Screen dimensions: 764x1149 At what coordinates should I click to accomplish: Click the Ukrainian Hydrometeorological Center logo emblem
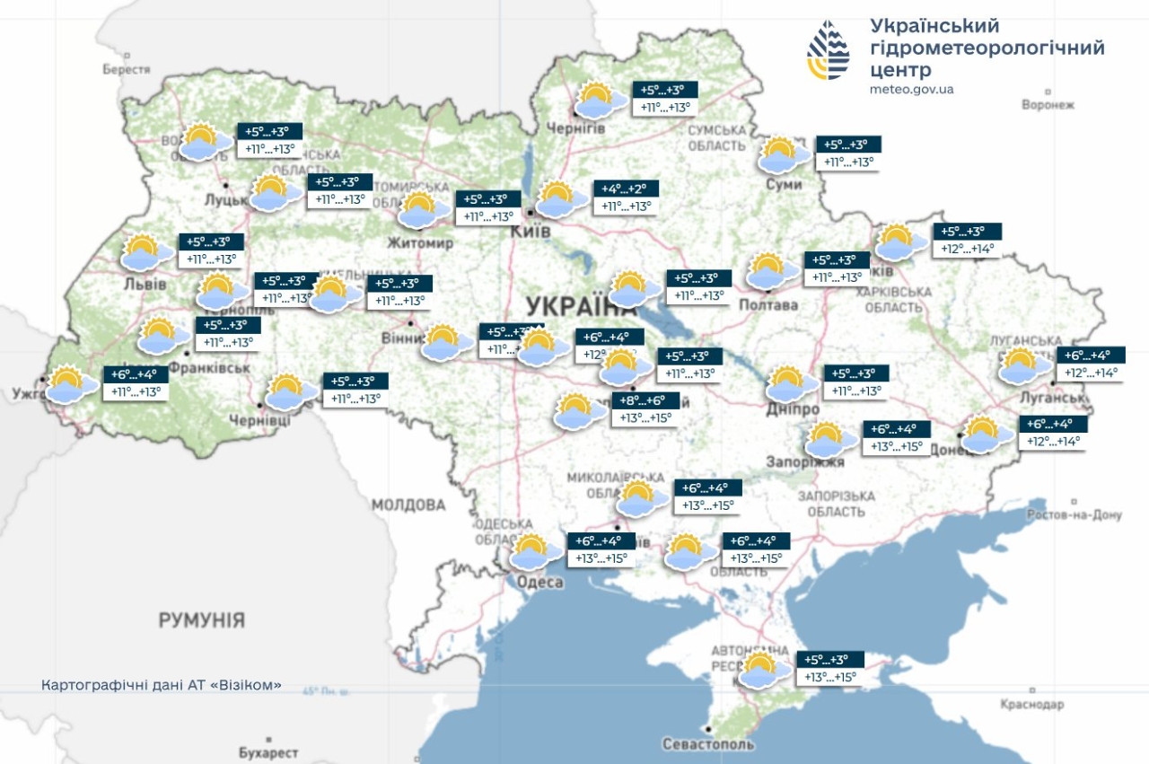tap(828, 49)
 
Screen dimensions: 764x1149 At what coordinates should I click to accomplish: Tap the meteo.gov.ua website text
tap(912, 89)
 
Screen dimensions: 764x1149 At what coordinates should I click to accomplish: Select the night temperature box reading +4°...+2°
tap(627, 189)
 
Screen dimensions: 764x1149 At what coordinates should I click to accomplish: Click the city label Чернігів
tap(575, 127)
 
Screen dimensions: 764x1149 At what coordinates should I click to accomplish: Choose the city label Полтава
tap(767, 305)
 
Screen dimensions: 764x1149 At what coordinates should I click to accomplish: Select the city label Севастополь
tap(708, 744)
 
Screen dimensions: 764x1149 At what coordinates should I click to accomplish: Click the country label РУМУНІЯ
tap(202, 620)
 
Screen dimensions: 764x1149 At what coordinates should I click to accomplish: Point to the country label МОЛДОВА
tap(408, 505)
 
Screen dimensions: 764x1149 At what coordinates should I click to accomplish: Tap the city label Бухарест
tap(268, 751)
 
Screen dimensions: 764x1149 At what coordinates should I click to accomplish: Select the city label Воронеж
tap(1048, 105)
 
